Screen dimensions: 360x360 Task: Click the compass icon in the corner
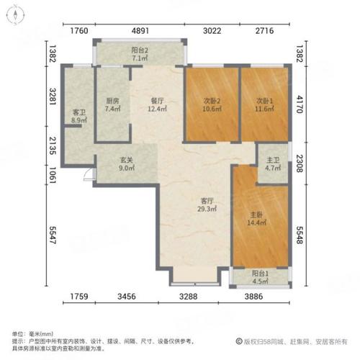[16, 15]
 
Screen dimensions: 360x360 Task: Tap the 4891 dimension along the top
[140, 31]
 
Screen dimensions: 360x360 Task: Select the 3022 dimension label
[212, 31]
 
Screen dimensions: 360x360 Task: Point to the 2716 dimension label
[264, 31]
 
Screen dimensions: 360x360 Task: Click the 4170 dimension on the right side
[300, 104]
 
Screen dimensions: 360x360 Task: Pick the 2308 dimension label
[300, 163]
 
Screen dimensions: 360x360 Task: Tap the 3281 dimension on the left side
[53, 96]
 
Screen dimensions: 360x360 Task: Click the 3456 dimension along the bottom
[127, 297]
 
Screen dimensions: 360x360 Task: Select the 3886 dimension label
[253, 297]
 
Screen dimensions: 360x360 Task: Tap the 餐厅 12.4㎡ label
[157, 105]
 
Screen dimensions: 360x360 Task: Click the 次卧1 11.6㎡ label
[264, 105]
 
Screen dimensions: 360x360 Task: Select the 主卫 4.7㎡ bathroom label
[273, 164]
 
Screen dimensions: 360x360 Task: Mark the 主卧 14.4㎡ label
[256, 219]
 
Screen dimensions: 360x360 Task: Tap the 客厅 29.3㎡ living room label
[207, 205]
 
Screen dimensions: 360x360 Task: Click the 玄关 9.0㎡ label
[127, 164]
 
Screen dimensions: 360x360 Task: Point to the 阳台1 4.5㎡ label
[260, 277]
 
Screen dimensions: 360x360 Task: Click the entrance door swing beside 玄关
[88, 174]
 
